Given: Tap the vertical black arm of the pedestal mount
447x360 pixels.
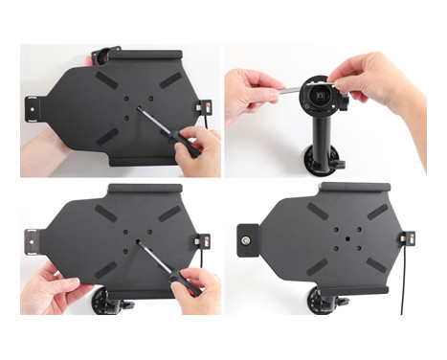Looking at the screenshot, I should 319,134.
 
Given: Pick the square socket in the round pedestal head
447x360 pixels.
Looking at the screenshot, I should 319,94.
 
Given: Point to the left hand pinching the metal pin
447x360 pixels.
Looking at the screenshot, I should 251,96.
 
